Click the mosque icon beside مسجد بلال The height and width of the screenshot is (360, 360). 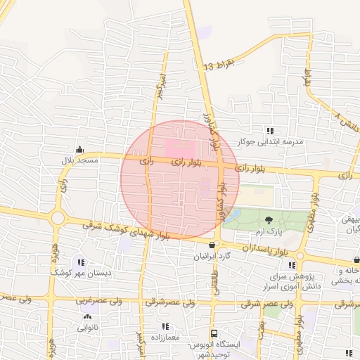click(79, 149)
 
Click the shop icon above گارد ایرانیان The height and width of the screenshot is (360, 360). click(212, 245)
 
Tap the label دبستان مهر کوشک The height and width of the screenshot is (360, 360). click(77, 271)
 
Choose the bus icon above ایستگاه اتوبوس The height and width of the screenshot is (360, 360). click(214, 334)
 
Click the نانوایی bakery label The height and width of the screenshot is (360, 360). click(88, 328)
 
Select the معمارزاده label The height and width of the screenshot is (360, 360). click(165, 337)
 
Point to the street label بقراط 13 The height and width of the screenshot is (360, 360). click(217, 65)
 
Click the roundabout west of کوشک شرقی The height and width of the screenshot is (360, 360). click(58, 219)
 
